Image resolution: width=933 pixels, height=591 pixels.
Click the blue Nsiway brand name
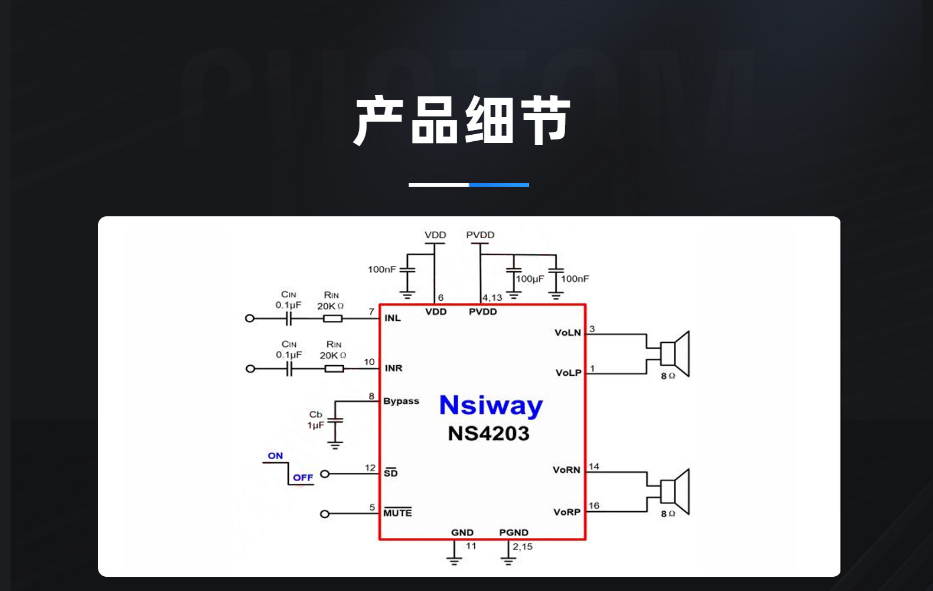pos(491,406)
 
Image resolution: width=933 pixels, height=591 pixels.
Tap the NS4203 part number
pos(488,434)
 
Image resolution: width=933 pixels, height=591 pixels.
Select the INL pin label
pos(393,318)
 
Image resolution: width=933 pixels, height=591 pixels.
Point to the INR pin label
pos(393,368)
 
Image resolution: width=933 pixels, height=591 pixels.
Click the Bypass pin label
pos(401,401)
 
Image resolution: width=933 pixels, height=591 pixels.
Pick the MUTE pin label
pos(397,513)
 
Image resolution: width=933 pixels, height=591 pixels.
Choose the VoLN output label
pos(567,333)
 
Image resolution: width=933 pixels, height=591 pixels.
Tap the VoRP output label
pos(567,512)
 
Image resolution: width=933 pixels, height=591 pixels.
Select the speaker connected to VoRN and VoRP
pos(674,491)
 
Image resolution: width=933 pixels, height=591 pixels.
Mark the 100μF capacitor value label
pos(530,279)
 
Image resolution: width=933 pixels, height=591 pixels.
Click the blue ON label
pos(275,456)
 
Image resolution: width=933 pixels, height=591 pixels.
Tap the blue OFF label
pos(303,478)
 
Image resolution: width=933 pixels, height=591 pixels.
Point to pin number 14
pos(594,467)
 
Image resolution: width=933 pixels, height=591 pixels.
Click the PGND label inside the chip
pos(514,532)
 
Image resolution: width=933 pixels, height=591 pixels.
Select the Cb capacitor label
pos(316,414)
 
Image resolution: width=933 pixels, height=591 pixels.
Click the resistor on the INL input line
pos(332,319)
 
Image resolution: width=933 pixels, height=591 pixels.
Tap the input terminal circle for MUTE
pos(324,514)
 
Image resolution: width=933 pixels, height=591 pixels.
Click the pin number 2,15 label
pos(523,547)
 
